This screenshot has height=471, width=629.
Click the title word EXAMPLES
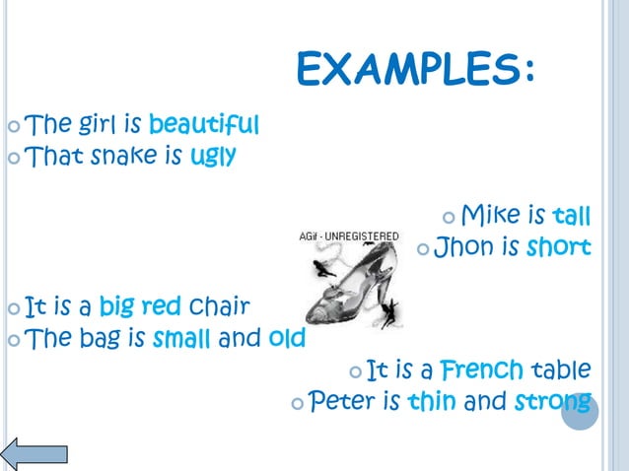[416, 70]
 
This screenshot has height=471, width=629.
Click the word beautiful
[204, 125]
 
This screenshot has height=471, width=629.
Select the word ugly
[213, 156]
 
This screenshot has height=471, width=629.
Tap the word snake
[124, 156]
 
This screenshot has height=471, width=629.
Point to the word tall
[572, 215]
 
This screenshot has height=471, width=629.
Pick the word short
[558, 246]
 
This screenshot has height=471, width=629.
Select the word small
[181, 339]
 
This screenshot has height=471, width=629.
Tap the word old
[286, 339]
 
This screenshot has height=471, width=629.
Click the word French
[481, 370]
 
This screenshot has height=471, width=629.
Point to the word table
[561, 370]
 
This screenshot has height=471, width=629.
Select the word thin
[432, 402]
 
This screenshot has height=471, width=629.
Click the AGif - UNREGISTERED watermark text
[349, 236]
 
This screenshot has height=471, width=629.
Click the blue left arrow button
[35, 453]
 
